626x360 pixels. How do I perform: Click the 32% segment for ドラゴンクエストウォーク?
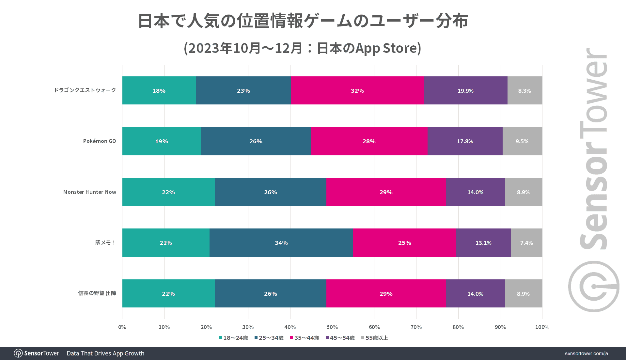tap(357, 91)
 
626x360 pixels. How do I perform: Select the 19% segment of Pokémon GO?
tap(162, 141)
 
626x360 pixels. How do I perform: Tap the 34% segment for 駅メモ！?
tap(281, 243)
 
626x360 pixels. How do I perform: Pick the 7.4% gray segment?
tap(526, 243)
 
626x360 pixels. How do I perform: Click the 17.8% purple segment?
tap(465, 141)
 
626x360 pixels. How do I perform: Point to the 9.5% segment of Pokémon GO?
tap(522, 141)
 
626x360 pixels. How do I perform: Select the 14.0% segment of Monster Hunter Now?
tap(475, 192)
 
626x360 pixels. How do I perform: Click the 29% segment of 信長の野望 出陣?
tap(386, 294)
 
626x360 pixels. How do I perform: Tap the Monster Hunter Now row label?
tap(90, 192)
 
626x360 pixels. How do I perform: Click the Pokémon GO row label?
tap(100, 141)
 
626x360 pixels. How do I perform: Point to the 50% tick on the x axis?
tap(332, 327)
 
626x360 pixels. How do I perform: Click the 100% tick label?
tap(542, 327)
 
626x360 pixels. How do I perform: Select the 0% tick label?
tap(122, 327)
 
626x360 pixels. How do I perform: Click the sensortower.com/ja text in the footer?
tap(586, 353)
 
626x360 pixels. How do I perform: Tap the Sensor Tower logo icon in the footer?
tap(18, 353)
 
